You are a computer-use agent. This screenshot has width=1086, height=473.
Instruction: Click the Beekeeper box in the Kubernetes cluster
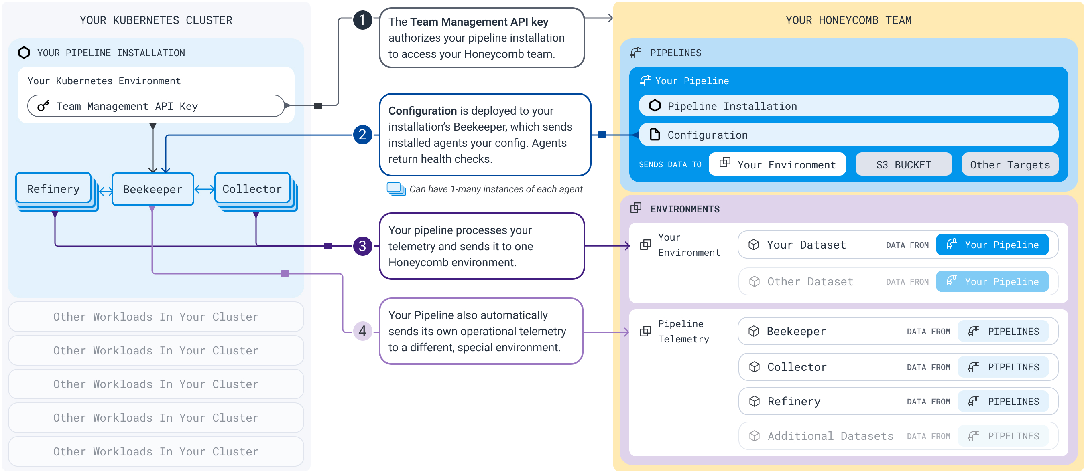153,189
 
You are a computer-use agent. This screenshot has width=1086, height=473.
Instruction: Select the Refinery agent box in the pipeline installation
53,189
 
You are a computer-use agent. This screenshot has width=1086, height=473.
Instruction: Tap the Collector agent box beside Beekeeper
252,189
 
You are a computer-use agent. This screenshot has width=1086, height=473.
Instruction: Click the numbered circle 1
362,20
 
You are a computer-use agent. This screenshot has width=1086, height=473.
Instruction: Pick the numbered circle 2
362,135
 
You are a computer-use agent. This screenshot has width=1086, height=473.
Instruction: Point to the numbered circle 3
362,246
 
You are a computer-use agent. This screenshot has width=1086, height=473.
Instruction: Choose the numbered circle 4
362,331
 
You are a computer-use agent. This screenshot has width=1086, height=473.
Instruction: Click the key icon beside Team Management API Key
43,106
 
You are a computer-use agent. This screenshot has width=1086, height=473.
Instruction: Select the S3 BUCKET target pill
903,164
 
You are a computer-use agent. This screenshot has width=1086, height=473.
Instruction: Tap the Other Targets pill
1010,164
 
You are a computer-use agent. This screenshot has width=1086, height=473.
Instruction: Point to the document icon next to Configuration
654,134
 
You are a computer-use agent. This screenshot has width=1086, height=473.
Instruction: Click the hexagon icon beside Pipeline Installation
654,106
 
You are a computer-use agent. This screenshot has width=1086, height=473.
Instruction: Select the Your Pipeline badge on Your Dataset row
992,245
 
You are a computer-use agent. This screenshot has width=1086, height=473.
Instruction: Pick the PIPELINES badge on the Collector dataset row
1003,367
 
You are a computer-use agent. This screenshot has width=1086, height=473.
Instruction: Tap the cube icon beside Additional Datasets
754,436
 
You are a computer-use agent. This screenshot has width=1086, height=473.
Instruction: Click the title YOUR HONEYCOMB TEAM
848,20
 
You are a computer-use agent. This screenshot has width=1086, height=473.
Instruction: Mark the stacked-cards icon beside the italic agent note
395,189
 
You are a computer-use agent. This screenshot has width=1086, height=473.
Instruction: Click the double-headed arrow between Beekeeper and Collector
204,189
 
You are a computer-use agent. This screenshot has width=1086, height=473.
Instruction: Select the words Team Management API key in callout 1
479,22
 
